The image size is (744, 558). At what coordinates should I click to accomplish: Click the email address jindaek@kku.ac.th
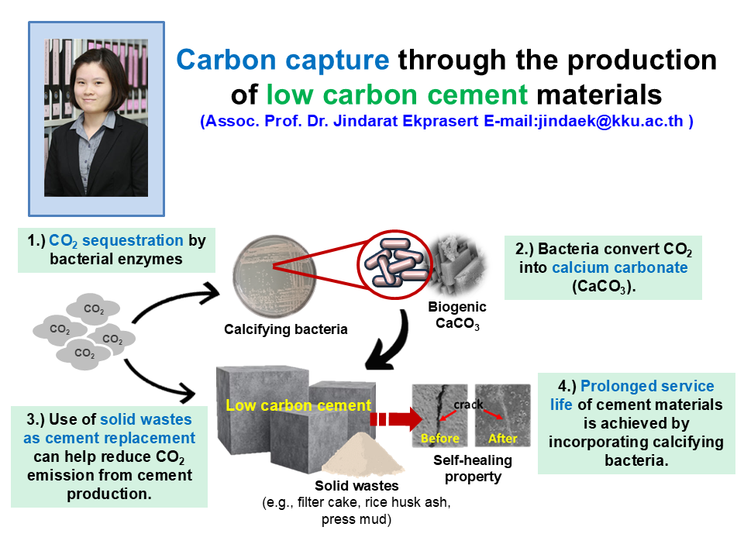point(611,121)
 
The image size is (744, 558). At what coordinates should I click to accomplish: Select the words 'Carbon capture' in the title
point(283,60)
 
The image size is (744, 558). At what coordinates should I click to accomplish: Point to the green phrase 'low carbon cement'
point(397,95)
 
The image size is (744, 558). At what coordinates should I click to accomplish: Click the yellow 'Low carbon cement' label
point(298,405)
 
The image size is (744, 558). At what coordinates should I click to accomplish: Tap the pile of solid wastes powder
point(363,454)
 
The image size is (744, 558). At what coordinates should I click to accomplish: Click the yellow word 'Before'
point(440,438)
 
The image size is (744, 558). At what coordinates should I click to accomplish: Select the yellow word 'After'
point(502,438)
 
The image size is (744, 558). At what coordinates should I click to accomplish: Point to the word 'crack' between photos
point(468,405)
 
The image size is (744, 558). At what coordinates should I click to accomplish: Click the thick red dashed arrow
point(396,419)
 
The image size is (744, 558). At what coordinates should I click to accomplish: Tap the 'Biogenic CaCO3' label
point(457,315)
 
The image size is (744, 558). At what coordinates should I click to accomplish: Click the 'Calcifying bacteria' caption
point(286,329)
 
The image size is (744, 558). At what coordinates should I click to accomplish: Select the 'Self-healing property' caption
point(473,468)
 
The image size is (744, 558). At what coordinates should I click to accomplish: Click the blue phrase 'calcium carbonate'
point(620,267)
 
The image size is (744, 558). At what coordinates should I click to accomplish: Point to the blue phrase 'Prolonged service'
point(647,386)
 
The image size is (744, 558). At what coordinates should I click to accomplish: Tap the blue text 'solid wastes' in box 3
point(146,419)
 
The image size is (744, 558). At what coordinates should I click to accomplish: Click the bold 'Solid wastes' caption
point(356,486)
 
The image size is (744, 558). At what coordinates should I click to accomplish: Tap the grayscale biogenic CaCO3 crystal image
point(456,263)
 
